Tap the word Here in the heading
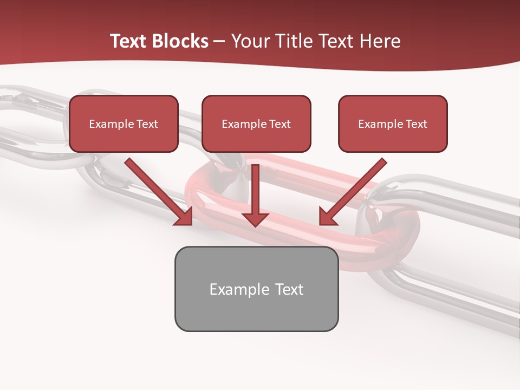pyautogui.click(x=379, y=41)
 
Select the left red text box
pyautogui.click(x=123, y=123)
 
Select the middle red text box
pyautogui.click(x=256, y=123)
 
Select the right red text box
pyautogui.click(x=393, y=123)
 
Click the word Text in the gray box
pyautogui.click(x=289, y=289)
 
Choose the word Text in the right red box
pyautogui.click(x=416, y=124)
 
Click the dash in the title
pyautogui.click(x=219, y=42)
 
